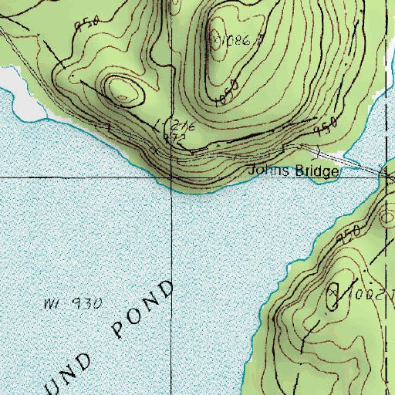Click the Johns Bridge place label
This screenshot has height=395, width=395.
point(292,171)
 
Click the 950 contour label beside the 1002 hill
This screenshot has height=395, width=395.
point(349,234)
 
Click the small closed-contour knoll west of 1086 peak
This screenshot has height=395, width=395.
point(124,90)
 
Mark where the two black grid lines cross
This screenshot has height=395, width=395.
point(171,177)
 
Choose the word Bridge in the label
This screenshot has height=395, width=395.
point(313,171)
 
